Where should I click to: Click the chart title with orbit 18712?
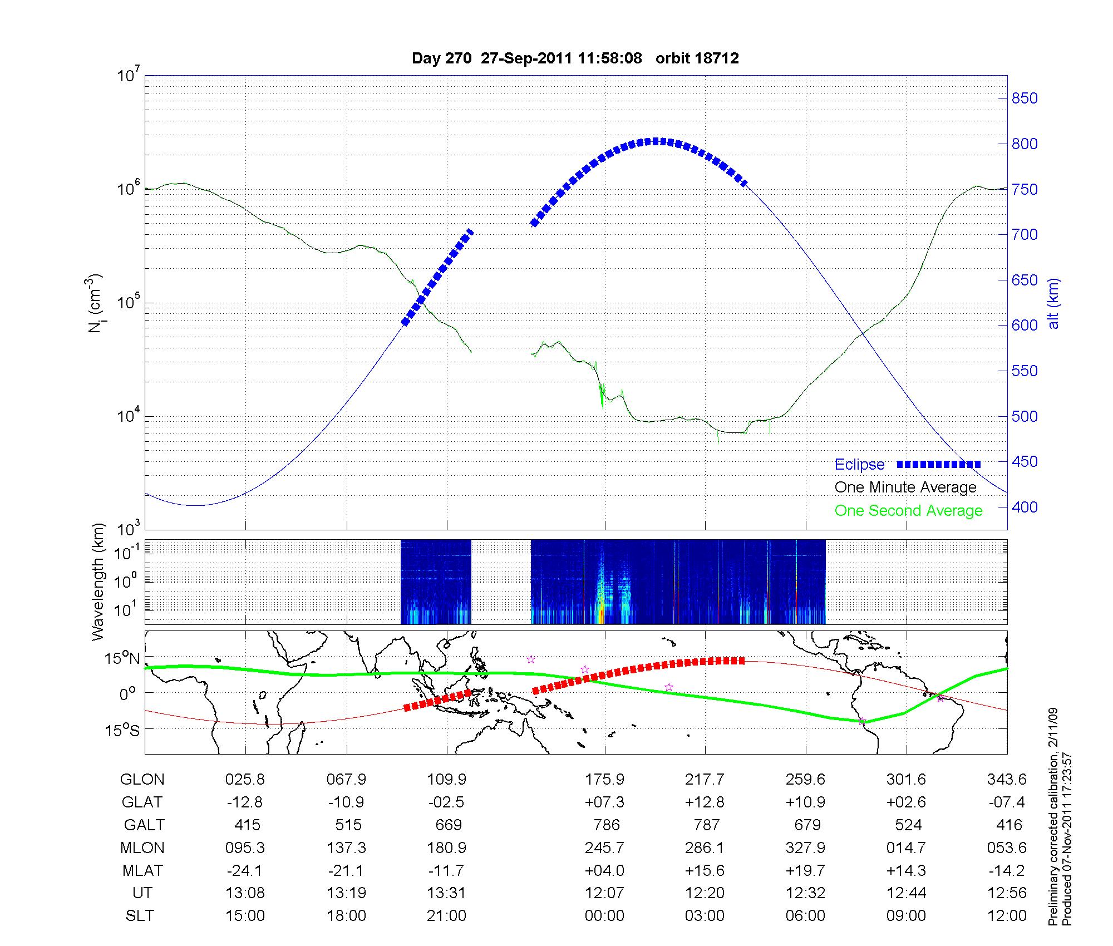tap(575, 58)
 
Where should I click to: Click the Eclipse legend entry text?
tap(859, 465)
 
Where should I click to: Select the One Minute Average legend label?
tap(905, 487)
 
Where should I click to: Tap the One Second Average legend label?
tap(908, 511)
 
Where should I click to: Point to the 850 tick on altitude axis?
tap(1025, 98)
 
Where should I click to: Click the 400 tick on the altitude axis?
tap(1025, 507)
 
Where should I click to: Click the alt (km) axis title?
tap(1053, 303)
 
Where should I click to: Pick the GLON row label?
tap(142, 780)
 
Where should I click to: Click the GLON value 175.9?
tap(604, 780)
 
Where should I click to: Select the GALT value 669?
tap(448, 825)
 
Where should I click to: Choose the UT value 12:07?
tap(604, 893)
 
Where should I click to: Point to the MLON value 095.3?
tap(245, 848)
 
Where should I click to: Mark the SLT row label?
tap(140, 916)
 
